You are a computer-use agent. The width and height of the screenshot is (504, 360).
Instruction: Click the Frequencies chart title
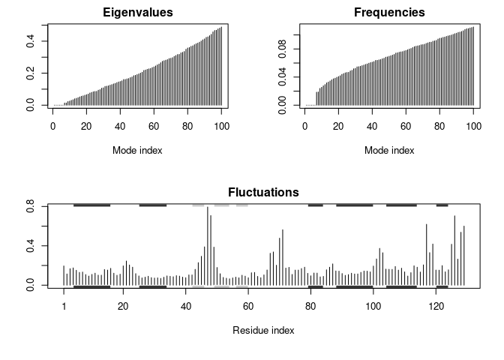(x=389, y=13)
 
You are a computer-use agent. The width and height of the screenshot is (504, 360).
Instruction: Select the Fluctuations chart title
(x=263, y=193)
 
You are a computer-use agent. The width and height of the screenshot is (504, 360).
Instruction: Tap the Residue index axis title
(x=263, y=330)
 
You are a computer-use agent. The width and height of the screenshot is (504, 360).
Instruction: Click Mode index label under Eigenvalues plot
(x=137, y=150)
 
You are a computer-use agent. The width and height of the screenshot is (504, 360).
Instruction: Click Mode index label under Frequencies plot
(x=389, y=150)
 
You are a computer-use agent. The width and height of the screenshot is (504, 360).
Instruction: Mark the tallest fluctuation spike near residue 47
(x=208, y=208)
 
